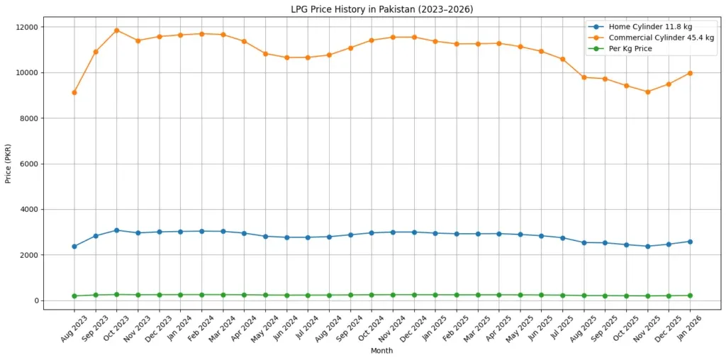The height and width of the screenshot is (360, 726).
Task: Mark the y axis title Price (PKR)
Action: (x=9, y=164)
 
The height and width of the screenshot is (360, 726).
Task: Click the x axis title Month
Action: (x=381, y=350)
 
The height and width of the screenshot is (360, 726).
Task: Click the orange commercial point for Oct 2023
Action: (x=116, y=30)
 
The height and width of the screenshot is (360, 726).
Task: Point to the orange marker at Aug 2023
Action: (x=74, y=92)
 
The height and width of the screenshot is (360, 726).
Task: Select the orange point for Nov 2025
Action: (x=647, y=91)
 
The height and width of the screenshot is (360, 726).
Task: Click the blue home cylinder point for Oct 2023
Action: (x=116, y=230)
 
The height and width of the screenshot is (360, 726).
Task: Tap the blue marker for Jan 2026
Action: (x=690, y=242)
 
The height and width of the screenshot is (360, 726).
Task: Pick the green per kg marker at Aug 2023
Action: (x=74, y=296)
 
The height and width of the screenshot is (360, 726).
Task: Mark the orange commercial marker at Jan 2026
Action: (x=690, y=73)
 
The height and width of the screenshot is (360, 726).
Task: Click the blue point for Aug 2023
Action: (x=74, y=247)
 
